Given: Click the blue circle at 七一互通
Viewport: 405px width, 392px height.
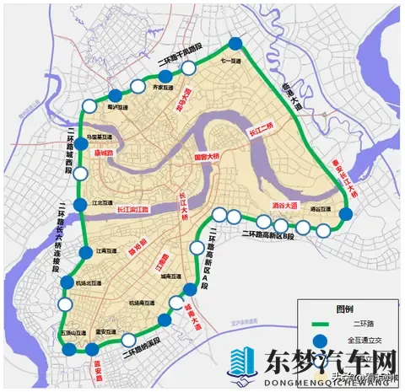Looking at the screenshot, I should click(x=235, y=44).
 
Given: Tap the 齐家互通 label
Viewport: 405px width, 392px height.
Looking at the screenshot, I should click(x=161, y=86).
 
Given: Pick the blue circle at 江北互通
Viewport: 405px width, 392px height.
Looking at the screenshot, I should click(x=79, y=204).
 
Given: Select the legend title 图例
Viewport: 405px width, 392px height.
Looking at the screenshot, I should click(x=345, y=308).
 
